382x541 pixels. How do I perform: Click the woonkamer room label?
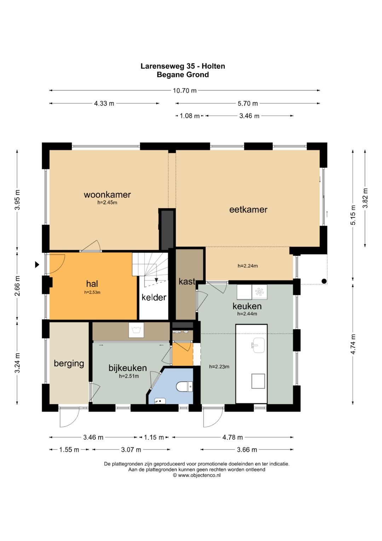point(107,195)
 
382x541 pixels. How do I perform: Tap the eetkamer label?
point(248,209)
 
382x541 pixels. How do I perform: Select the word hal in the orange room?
point(92,283)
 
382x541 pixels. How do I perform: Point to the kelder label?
point(154,297)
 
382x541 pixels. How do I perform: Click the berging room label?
point(69,364)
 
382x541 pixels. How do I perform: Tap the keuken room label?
point(247,306)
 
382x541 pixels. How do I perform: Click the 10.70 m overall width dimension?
point(185,91)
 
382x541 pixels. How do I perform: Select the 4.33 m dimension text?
point(104,103)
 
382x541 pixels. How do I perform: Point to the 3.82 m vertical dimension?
point(365,198)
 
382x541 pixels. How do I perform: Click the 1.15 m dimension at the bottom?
point(154,437)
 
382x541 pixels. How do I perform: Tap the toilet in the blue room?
point(185,387)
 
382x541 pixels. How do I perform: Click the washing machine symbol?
point(136,330)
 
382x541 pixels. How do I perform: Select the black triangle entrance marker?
point(37,264)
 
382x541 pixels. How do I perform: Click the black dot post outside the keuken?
point(324,281)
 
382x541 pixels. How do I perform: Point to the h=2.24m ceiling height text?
point(248,266)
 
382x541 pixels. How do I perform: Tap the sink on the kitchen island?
point(258,345)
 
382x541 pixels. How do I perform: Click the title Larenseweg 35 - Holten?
point(183,66)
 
